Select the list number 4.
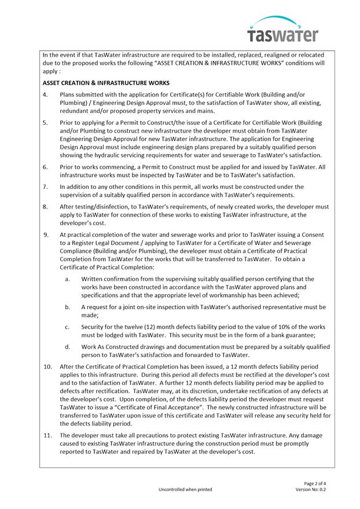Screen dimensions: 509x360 point(46,94)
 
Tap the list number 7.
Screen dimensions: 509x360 point(46,187)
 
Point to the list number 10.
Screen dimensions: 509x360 point(48,367)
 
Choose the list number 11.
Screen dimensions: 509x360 point(48,435)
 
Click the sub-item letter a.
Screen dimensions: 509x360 point(68,279)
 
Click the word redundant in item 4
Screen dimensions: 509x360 point(76,111)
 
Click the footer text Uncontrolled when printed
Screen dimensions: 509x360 point(185,489)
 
